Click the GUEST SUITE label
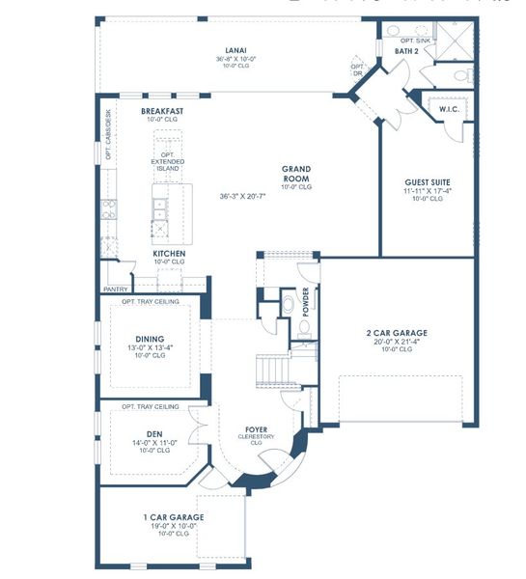point(427,181)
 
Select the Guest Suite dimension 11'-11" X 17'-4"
point(427,191)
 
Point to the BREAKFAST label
point(162,112)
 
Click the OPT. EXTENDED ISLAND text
point(175,161)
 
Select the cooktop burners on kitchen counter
point(109,207)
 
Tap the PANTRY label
point(116,288)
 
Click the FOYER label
point(256,428)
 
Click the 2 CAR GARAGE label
point(397,333)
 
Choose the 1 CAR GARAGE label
point(174,518)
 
